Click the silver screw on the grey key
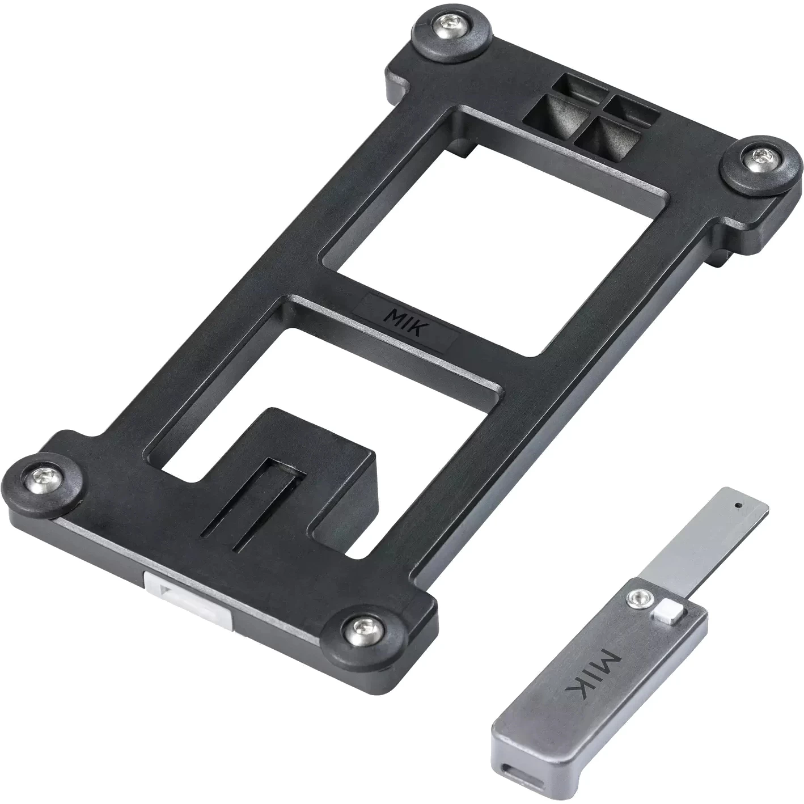coord(640,597)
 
